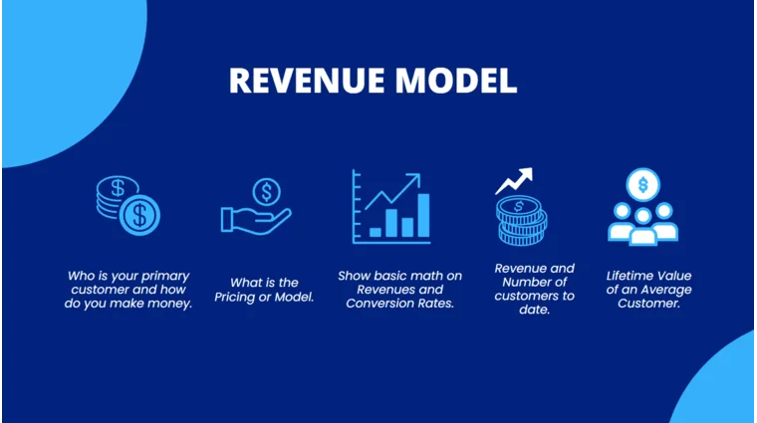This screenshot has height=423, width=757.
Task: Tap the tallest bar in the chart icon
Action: [x=423, y=216]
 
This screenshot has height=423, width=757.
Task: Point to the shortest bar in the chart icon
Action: [x=376, y=232]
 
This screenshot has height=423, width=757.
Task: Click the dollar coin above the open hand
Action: [x=266, y=190]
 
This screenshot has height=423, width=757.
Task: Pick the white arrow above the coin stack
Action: [x=514, y=180]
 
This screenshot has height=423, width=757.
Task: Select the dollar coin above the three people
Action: [x=643, y=184]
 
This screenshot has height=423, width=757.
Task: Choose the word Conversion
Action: [x=380, y=304]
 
